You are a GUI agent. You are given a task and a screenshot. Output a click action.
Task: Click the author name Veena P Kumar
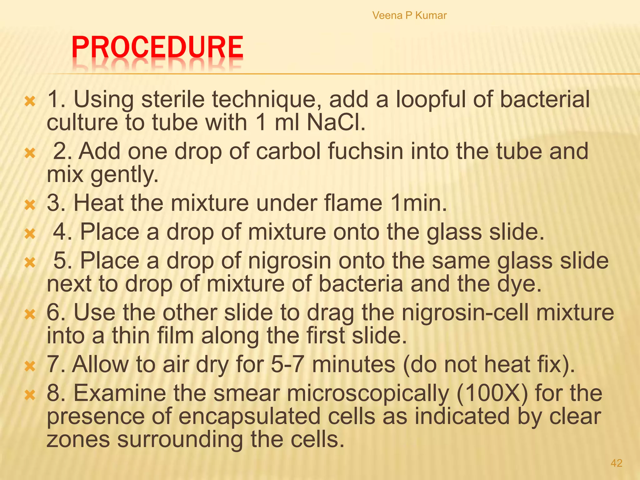point(409,15)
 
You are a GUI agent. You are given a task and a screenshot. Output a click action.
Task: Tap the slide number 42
point(616,463)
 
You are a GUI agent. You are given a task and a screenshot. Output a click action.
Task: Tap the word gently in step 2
point(124,175)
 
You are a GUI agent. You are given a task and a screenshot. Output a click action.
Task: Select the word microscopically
point(367,394)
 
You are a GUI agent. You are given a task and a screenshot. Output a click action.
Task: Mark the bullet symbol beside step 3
point(30,205)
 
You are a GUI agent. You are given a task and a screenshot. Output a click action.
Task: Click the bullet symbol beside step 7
point(30,366)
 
